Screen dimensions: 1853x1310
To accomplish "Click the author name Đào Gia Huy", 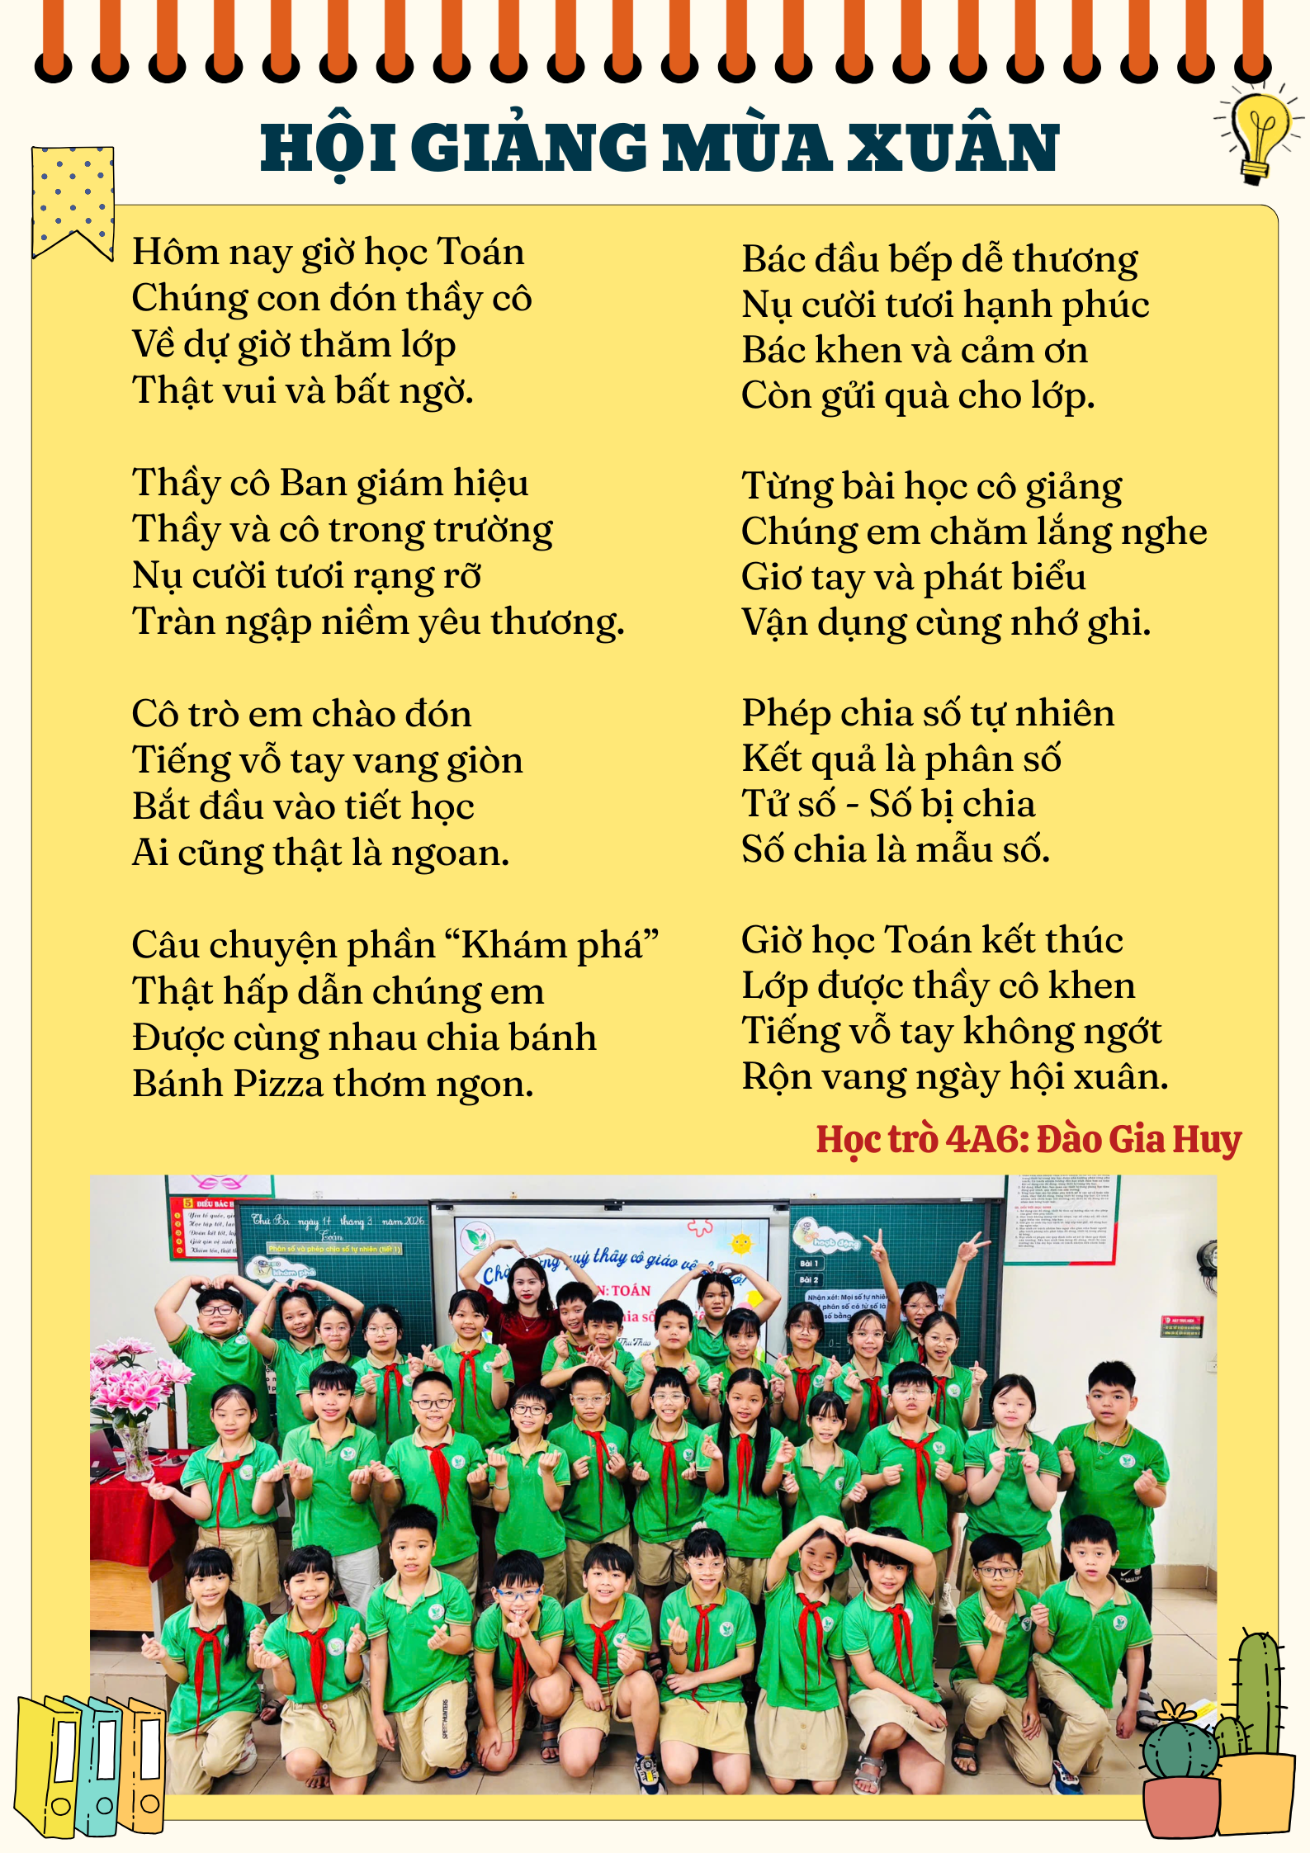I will click(x=1139, y=1139).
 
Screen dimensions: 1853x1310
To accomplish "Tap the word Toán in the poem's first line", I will click(x=480, y=252).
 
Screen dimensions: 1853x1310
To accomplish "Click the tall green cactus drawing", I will click(x=1259, y=1692).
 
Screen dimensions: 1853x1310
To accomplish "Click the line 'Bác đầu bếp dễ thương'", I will click(x=939, y=259).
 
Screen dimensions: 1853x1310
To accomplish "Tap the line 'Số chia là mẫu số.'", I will click(x=896, y=849).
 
